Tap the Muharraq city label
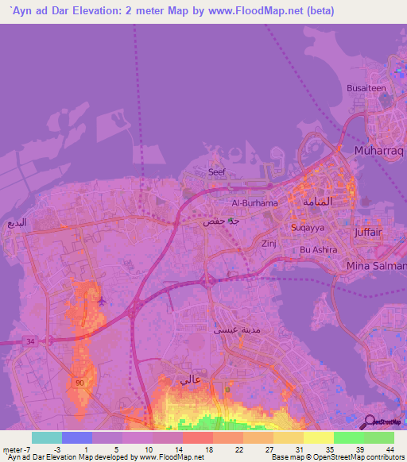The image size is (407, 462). point(379,149)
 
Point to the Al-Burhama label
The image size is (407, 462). point(254,202)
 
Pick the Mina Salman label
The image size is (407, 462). point(377,267)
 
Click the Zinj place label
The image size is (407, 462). point(267,246)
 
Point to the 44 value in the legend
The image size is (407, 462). point(389,450)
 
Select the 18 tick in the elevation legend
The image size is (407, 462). point(209,450)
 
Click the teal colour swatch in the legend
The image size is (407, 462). point(46,437)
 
